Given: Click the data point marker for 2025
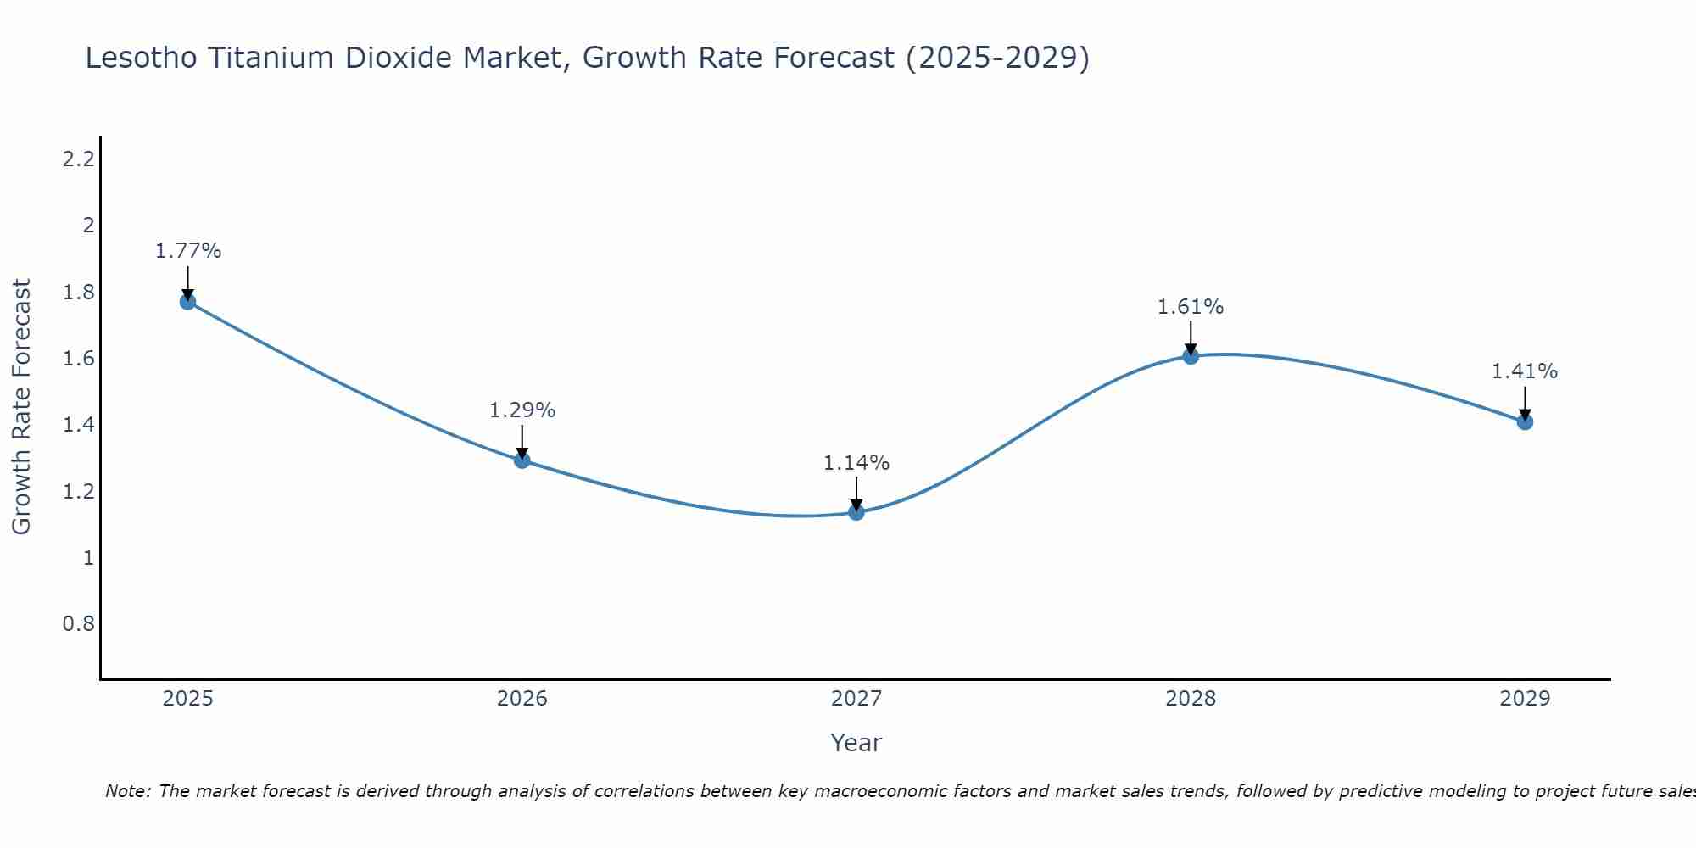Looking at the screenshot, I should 188,302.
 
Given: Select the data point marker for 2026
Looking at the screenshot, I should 522,460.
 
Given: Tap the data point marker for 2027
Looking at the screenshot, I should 856,512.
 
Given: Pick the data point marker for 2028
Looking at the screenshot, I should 1191,356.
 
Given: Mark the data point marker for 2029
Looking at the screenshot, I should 1525,421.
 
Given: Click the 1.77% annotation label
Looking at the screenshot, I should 188,251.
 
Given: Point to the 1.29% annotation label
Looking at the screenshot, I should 522,410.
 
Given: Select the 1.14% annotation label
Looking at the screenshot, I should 856,463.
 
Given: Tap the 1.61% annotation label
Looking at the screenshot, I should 1191,307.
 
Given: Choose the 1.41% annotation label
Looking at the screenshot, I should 1525,371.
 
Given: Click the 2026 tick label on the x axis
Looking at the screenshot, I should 522,699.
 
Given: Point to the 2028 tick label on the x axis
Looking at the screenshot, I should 1191,699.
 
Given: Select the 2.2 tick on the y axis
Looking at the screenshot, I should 78,159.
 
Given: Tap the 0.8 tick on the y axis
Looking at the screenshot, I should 78,624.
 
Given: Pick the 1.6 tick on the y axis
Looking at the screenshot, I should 78,359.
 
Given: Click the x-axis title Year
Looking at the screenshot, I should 856,743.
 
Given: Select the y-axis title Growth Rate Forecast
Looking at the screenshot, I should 21,406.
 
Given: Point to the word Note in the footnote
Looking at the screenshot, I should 127,791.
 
